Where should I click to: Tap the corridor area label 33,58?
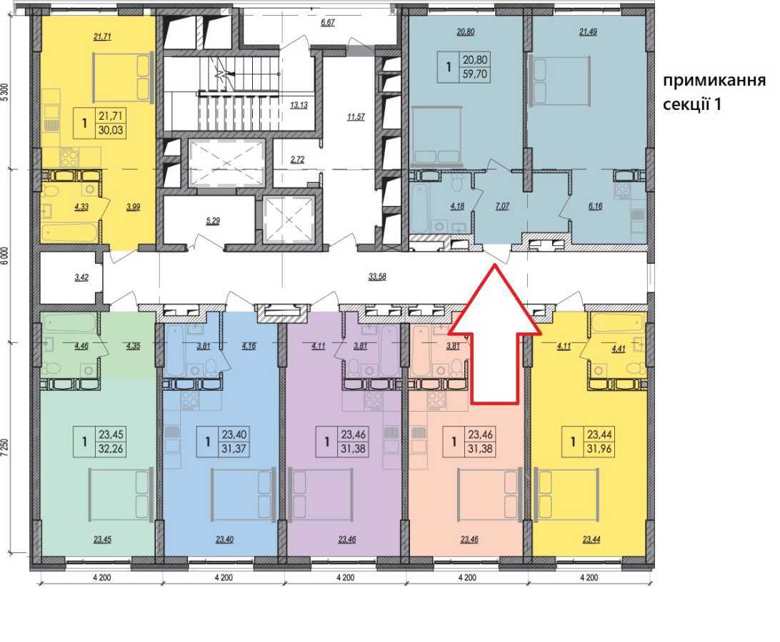click(x=377, y=277)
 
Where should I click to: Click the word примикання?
click(x=714, y=81)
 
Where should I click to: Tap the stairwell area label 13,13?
click(x=299, y=105)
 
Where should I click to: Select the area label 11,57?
click(x=356, y=117)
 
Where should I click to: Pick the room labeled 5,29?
click(x=212, y=220)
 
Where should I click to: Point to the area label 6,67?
click(x=328, y=22)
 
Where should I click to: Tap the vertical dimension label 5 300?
click(x=5, y=92)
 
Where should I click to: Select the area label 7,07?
click(x=502, y=206)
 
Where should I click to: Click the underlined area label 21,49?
click(x=588, y=32)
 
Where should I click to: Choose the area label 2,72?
click(x=297, y=160)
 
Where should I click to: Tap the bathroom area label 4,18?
click(x=456, y=206)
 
